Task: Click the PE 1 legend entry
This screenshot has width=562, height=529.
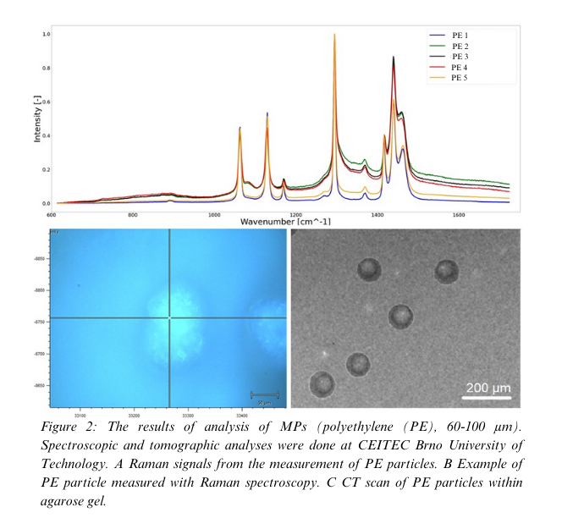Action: (460, 35)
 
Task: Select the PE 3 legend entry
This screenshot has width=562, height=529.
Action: (460, 56)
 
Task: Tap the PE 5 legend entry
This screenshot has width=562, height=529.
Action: (460, 78)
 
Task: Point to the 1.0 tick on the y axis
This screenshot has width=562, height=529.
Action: (47, 35)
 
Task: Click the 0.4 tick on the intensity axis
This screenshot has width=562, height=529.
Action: (47, 136)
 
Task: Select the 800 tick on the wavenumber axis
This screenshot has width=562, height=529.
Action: (133, 215)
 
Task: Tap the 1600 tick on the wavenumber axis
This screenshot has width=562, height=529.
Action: (459, 215)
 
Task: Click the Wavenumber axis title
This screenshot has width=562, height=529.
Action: (285, 222)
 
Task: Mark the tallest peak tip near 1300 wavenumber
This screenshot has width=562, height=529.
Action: (335, 35)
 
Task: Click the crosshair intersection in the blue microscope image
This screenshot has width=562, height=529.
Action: (170, 317)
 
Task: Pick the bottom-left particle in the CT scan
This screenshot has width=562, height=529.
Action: (322, 383)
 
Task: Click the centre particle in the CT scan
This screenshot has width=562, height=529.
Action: (401, 317)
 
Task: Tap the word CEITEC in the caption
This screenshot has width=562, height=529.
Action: (336, 445)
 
